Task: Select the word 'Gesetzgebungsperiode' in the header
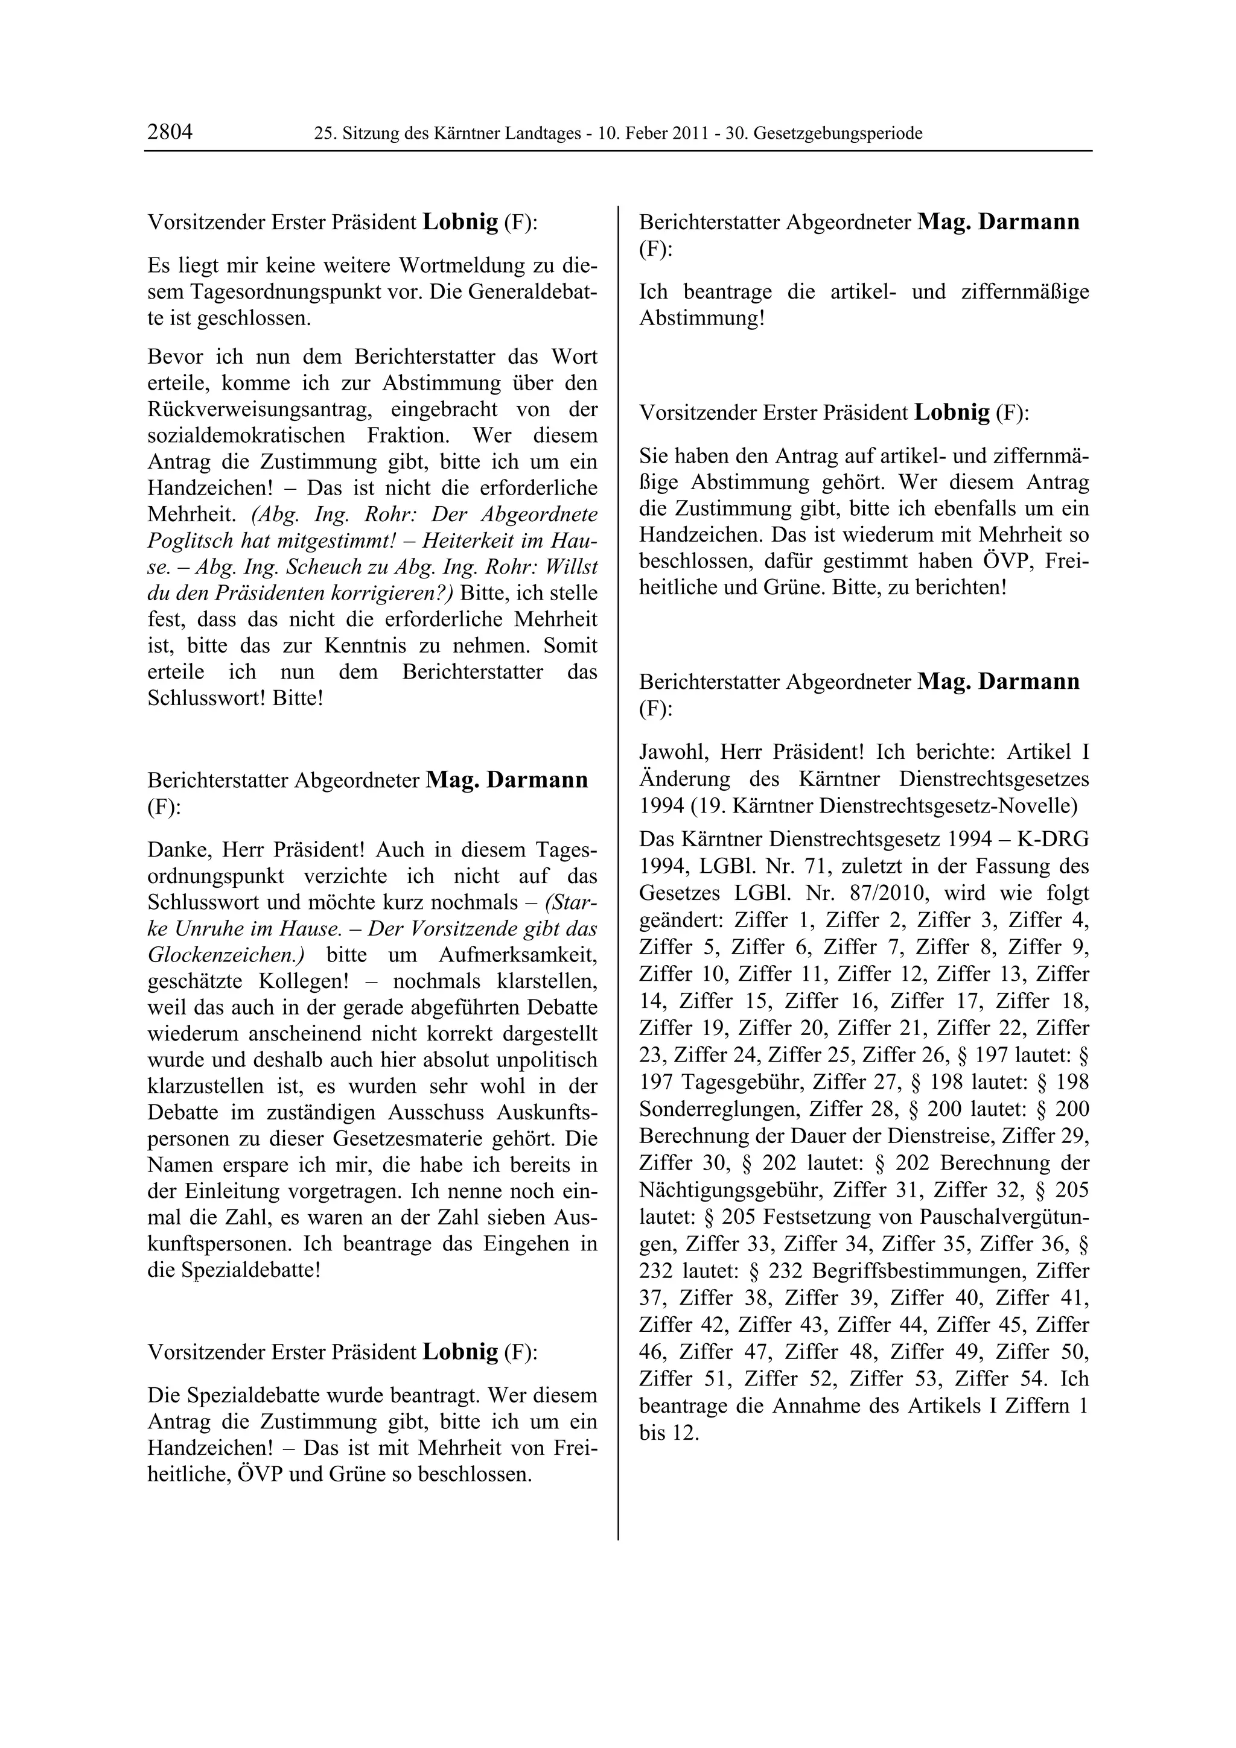pyautogui.click(x=838, y=134)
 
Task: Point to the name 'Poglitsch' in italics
pyautogui.click(x=194, y=540)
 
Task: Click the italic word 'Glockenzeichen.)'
pyautogui.click(x=226, y=955)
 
